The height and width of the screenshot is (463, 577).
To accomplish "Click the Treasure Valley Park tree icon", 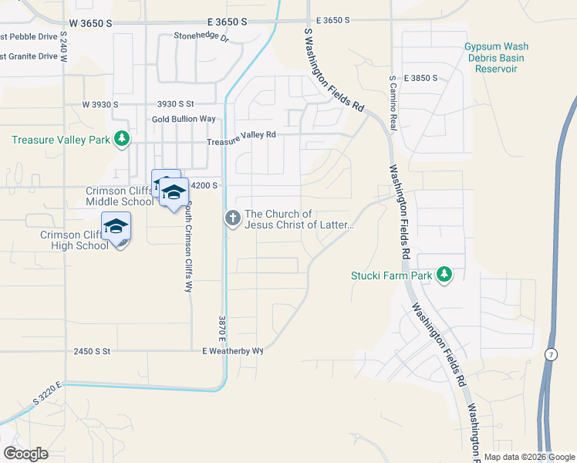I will pos(121,139).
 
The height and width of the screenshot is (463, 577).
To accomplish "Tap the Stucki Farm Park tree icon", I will pos(444,274).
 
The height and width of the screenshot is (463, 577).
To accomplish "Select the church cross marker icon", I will pos(231,218).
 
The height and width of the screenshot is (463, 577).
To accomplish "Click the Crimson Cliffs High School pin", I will pos(116,227).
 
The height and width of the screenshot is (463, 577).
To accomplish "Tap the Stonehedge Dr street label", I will pos(202,36).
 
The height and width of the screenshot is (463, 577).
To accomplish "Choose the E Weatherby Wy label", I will pos(233,351).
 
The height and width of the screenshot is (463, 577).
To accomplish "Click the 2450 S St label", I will pos(93,351).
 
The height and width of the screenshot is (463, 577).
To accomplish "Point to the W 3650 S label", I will pos(89,23).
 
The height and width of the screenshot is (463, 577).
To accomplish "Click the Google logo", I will pos(25,454).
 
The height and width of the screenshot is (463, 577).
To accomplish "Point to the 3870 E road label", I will pos(220,327).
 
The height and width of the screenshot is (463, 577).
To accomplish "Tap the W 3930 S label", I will pos(100,104).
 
